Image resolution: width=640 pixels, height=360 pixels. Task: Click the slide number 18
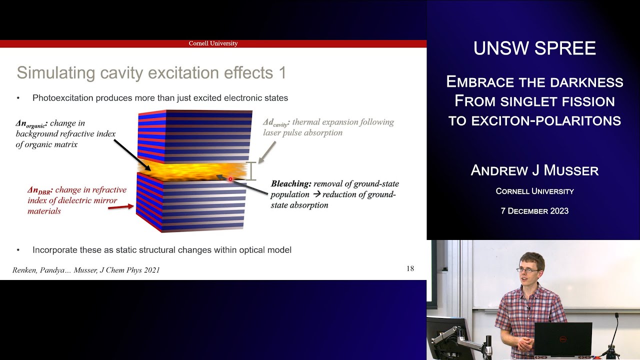click(x=410, y=269)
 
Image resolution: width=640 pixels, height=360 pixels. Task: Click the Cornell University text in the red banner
click(x=213, y=43)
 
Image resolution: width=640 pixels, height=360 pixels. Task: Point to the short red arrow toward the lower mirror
click(x=120, y=206)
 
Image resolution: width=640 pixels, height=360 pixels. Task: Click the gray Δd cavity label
click(x=276, y=122)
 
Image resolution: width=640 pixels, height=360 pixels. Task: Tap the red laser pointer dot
click(x=230, y=178)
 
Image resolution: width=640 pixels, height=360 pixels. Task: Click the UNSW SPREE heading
click(x=534, y=48)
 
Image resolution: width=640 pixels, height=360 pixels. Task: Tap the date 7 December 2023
click(x=534, y=211)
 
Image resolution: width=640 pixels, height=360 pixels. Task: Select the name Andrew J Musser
click(x=534, y=170)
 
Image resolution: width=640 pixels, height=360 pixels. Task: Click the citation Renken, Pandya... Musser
click(x=86, y=270)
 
